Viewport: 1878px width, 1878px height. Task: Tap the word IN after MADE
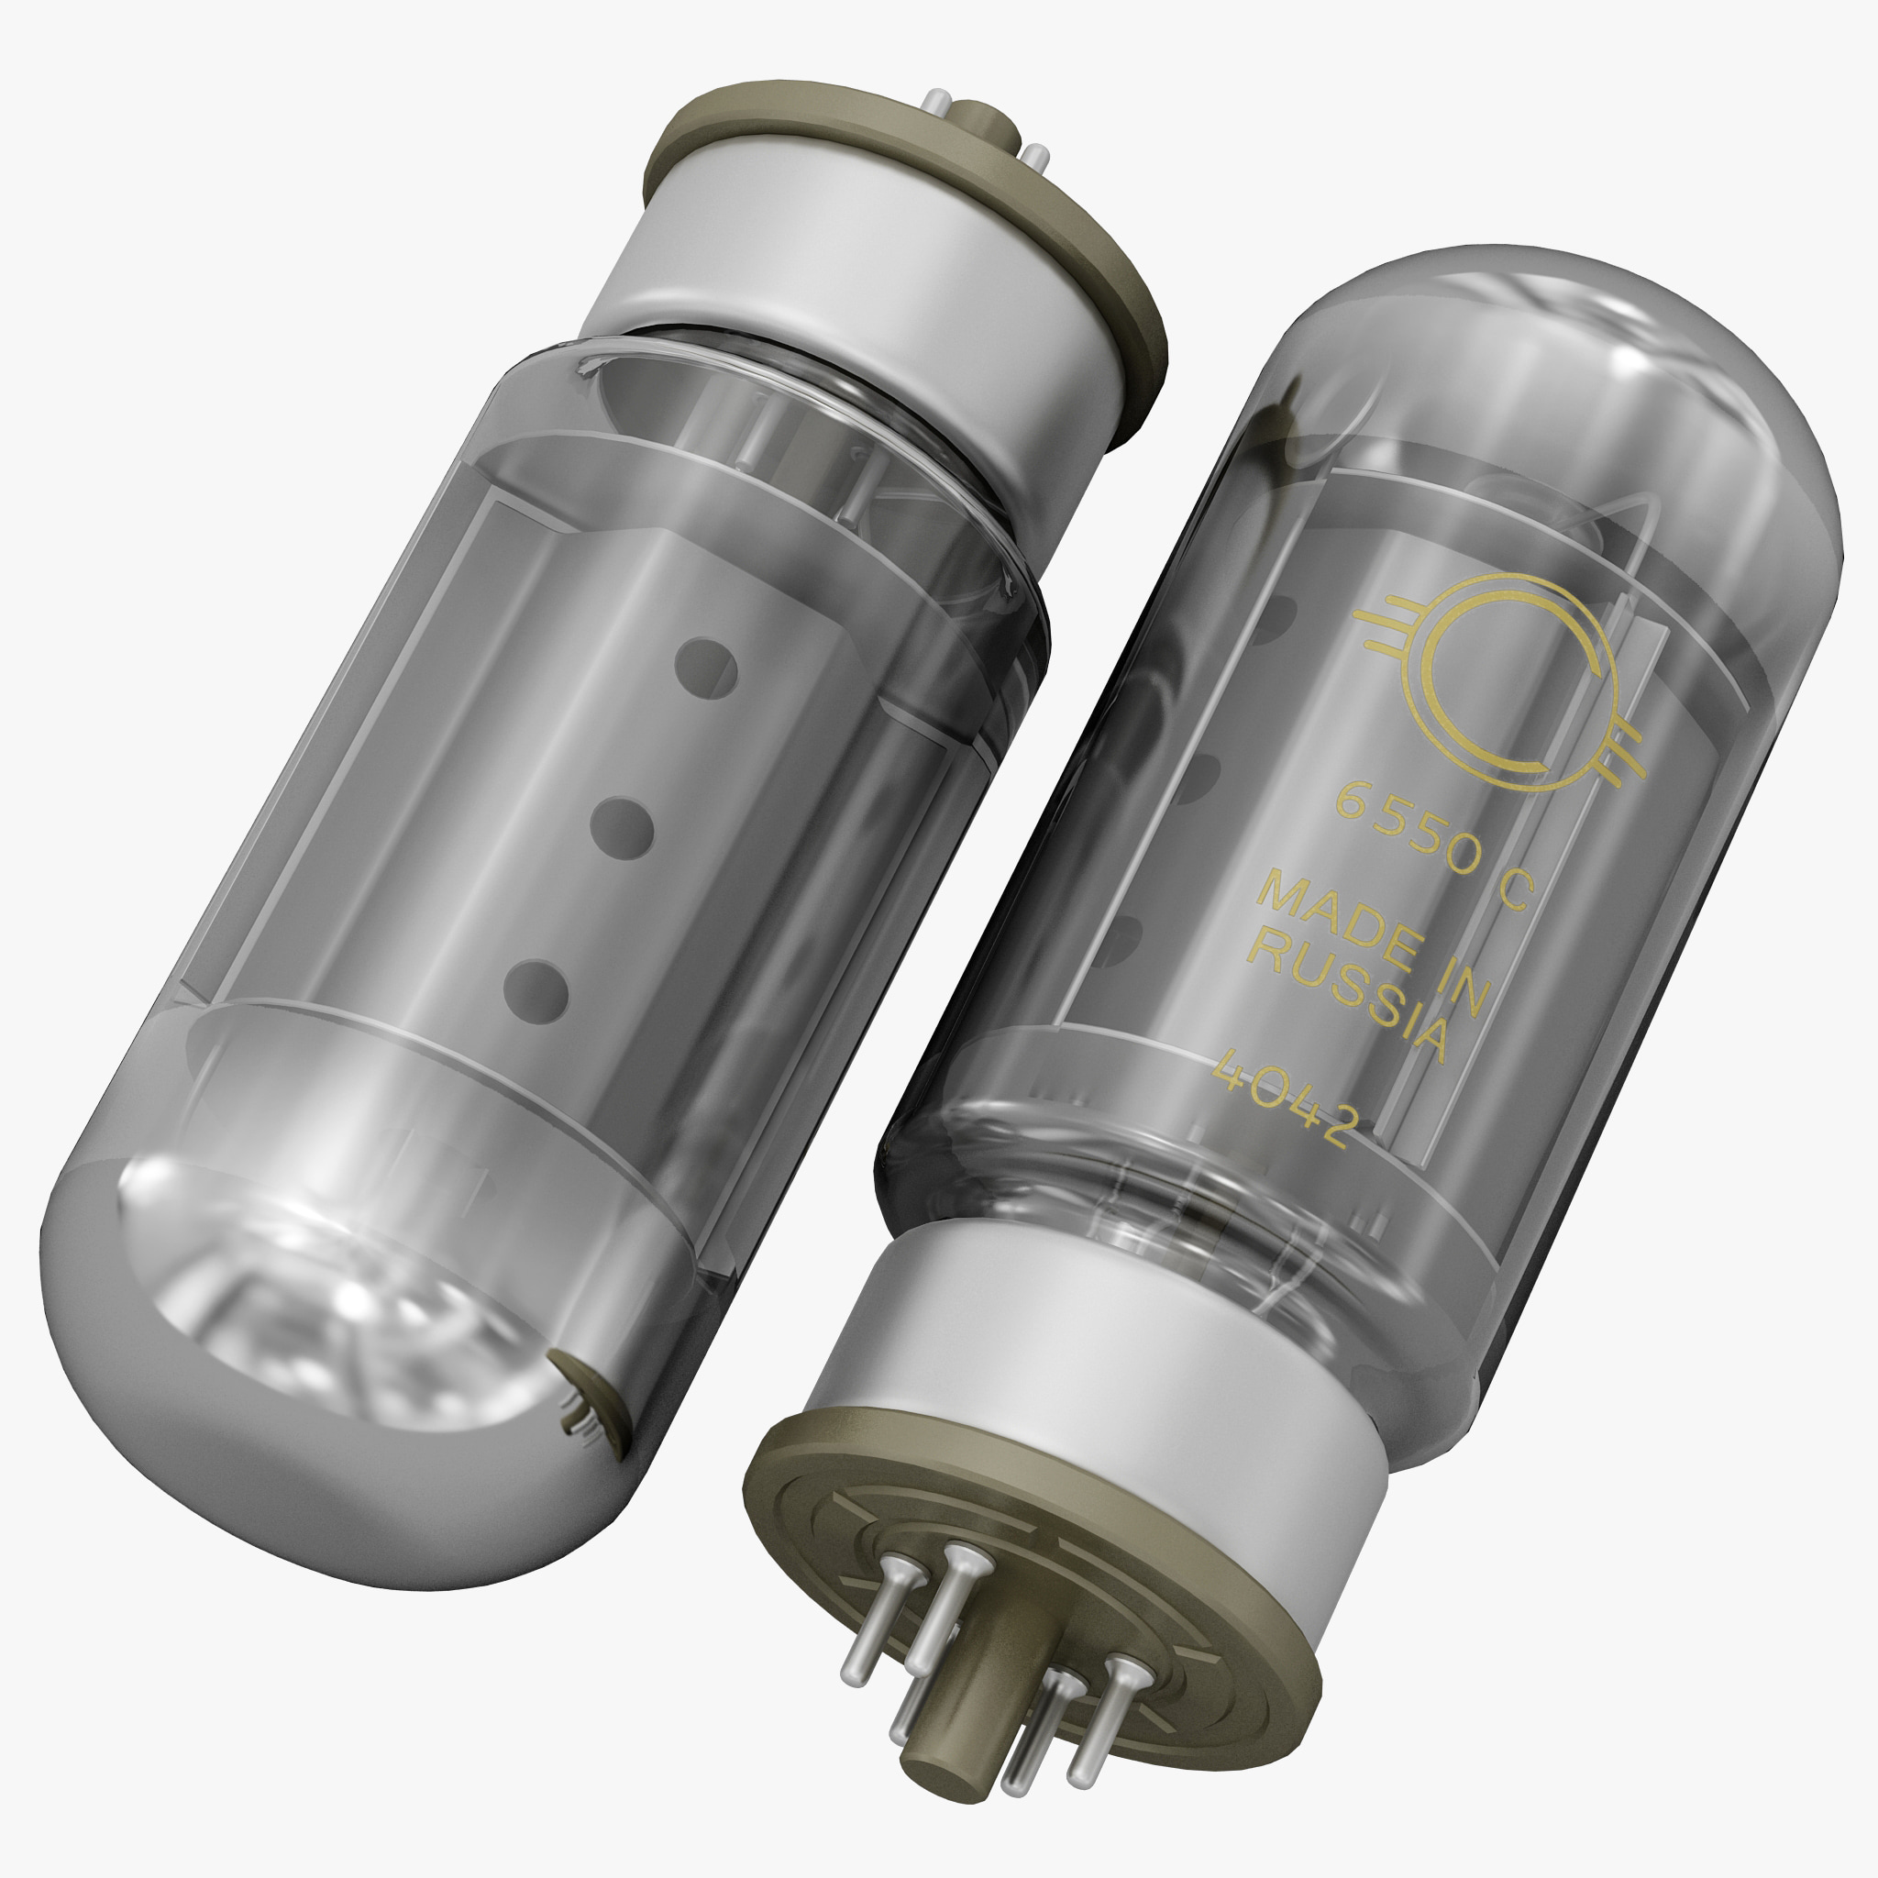tap(1453, 982)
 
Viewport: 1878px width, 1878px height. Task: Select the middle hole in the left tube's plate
tap(622, 828)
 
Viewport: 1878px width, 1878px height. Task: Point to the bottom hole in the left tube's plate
tap(537, 990)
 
